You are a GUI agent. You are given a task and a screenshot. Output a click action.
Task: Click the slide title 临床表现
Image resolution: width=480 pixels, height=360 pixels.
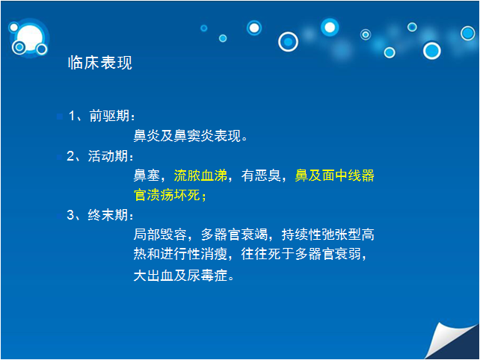point(99,63)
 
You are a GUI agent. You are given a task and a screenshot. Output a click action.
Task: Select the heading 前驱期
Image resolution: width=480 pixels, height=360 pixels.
point(109,116)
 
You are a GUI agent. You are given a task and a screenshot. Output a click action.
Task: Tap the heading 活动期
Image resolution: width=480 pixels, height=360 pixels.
point(108,156)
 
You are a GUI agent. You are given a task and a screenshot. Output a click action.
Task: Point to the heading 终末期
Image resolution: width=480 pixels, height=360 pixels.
point(108,214)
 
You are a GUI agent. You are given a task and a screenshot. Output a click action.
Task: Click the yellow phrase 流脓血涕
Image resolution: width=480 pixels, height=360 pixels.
point(200,176)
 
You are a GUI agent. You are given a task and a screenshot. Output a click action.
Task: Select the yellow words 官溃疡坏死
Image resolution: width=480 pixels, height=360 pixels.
point(167,195)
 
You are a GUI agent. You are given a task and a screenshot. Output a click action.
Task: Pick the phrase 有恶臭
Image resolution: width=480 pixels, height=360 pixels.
point(261,176)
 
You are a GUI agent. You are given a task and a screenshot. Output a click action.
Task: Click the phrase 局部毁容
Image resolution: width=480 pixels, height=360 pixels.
point(160,235)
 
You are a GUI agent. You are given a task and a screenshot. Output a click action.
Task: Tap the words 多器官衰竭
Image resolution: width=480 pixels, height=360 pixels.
point(235,235)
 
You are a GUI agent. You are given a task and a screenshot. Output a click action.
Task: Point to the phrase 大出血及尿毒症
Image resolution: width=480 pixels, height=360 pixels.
point(180,276)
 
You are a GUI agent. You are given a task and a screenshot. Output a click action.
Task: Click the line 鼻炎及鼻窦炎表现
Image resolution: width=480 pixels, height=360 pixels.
point(188,135)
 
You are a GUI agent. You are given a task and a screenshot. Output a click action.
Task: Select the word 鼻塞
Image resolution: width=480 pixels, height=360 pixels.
point(147,176)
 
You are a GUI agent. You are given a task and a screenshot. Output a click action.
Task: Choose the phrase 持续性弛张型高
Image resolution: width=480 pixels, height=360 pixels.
point(328,235)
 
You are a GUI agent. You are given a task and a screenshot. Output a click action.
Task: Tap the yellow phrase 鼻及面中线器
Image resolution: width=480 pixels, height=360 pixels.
point(335,176)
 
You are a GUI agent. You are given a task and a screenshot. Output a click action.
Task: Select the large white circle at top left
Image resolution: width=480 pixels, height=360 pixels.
point(30,38)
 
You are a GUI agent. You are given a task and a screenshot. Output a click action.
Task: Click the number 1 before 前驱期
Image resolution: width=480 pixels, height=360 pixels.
point(72,116)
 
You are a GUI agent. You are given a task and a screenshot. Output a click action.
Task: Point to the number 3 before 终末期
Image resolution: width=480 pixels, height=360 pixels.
point(70,214)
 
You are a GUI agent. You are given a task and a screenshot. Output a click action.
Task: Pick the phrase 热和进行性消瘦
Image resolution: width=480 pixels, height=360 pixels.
point(180,254)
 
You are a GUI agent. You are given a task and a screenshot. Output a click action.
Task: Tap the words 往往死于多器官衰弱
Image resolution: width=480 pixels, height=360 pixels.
point(301,254)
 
